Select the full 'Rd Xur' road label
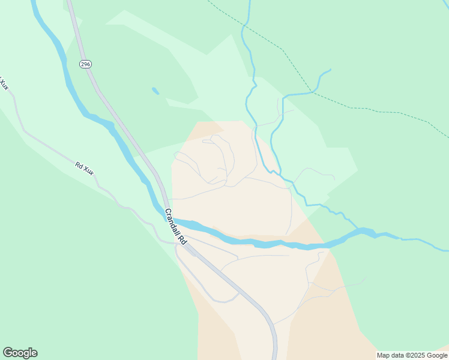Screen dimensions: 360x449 85,168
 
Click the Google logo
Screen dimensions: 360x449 20,353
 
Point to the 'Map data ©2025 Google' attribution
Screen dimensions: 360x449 412,355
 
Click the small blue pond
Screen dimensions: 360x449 155,91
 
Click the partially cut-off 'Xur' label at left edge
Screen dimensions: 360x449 4,84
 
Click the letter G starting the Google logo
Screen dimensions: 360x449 8,352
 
